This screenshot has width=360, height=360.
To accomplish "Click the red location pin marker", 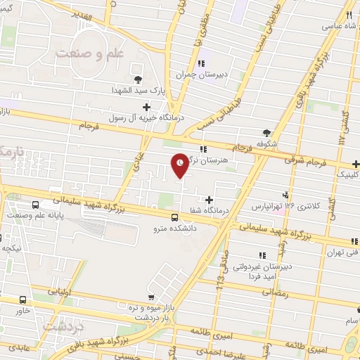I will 181,164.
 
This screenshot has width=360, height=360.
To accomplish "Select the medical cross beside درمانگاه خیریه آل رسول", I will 146,107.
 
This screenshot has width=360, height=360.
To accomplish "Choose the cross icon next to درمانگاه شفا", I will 209,200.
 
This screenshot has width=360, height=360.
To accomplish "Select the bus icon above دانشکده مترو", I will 173,217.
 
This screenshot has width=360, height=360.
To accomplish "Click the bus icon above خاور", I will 23,298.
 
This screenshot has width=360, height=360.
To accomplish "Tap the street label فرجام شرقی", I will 306,161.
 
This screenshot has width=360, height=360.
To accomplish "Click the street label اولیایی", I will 58,290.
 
